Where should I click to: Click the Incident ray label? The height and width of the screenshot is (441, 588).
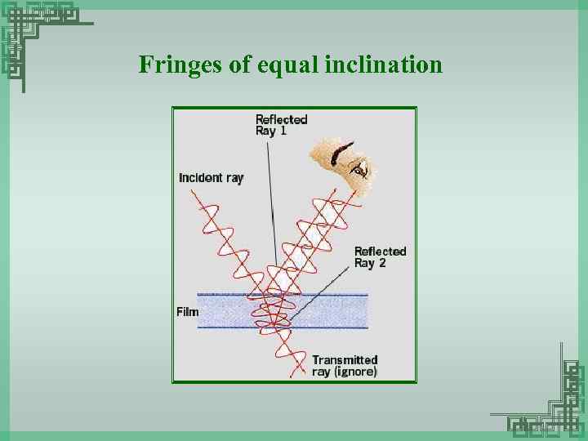pyautogui.click(x=211, y=177)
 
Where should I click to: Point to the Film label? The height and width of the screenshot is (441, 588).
pyautogui.click(x=187, y=311)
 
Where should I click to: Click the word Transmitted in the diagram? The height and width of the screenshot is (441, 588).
pyautogui.click(x=345, y=359)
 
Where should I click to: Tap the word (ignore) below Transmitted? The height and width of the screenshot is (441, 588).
pyautogui.click(x=356, y=372)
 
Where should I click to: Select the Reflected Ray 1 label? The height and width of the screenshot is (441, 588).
pyautogui.click(x=281, y=125)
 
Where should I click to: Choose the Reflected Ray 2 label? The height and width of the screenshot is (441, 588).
pyautogui.click(x=380, y=257)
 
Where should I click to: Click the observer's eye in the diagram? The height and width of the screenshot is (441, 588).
pyautogui.click(x=358, y=169)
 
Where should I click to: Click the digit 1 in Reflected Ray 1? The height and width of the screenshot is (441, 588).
pyautogui.click(x=283, y=131)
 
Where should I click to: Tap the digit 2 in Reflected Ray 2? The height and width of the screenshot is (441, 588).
pyautogui.click(x=381, y=263)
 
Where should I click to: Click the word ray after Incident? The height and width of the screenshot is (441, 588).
pyautogui.click(x=234, y=177)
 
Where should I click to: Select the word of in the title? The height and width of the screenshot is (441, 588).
pyautogui.click(x=240, y=65)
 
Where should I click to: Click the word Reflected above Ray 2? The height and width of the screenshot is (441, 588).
pyautogui.click(x=380, y=252)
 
